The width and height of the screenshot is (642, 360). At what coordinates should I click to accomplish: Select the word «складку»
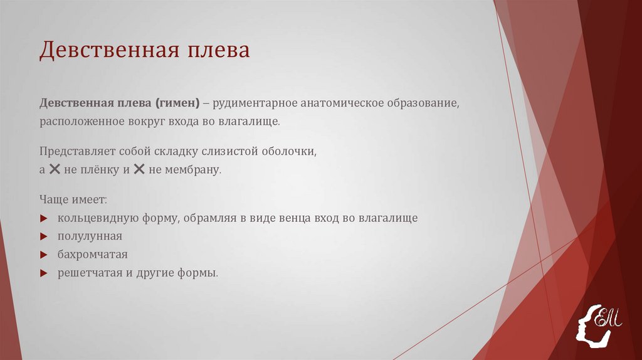(177, 152)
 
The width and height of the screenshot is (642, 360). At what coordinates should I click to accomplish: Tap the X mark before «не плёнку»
(55, 169)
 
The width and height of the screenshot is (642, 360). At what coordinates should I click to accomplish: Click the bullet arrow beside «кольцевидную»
(44, 219)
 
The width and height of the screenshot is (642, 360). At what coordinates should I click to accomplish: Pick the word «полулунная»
(90, 236)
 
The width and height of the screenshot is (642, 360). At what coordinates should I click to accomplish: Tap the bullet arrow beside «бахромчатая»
(44, 255)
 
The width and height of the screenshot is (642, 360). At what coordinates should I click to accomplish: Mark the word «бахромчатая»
(92, 255)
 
